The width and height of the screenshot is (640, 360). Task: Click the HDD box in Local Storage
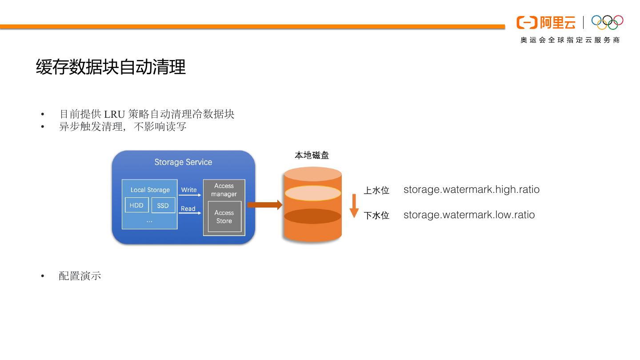click(x=136, y=205)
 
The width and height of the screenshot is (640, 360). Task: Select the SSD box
click(x=163, y=205)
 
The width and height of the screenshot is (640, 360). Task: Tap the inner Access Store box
click(x=224, y=217)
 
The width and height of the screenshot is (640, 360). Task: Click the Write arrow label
click(x=189, y=190)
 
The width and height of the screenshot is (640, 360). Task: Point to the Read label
click(x=188, y=208)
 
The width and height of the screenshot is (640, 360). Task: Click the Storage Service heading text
click(x=183, y=162)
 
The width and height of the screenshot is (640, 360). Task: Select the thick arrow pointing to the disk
click(x=264, y=205)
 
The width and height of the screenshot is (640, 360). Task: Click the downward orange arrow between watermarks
click(x=354, y=207)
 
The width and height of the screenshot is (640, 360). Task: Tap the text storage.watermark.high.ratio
click(x=471, y=189)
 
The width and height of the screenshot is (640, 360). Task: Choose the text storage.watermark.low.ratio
click(x=469, y=215)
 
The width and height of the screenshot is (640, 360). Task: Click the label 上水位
click(x=376, y=191)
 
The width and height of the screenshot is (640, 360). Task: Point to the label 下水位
click(x=376, y=216)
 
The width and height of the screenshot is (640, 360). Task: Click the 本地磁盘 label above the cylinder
click(x=312, y=155)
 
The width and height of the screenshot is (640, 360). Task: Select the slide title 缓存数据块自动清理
click(x=111, y=67)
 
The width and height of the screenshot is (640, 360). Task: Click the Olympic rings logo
click(x=608, y=22)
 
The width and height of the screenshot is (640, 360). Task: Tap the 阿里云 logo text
click(x=557, y=22)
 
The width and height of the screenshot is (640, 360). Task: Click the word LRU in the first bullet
click(x=114, y=114)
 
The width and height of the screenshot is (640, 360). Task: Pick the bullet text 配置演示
click(x=80, y=276)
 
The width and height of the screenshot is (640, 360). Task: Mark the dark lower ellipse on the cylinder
click(x=312, y=216)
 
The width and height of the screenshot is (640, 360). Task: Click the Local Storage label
click(x=150, y=190)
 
